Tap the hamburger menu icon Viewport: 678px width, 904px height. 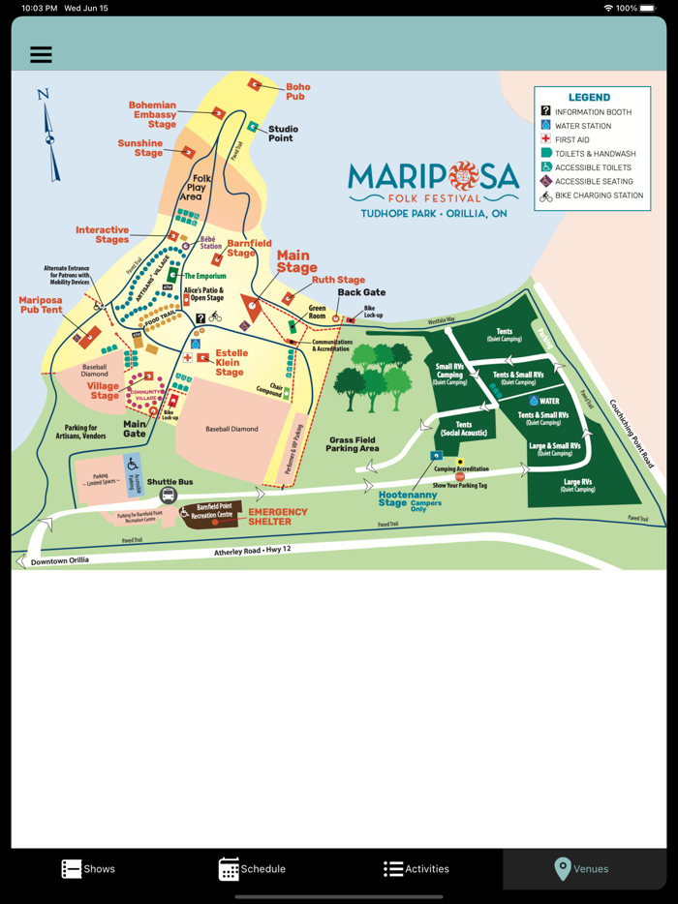pos(41,55)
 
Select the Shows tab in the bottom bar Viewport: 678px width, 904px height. pos(88,868)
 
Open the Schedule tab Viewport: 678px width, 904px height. pos(252,868)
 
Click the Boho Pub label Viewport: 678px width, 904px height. pos(296,92)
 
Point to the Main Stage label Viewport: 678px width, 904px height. pos(296,261)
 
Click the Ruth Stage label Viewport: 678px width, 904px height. pos(338,281)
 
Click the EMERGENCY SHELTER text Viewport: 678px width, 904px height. pos(278,516)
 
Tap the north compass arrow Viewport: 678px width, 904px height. pos(48,136)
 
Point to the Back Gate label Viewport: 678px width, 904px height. pos(361,292)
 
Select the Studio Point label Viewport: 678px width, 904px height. pos(283,134)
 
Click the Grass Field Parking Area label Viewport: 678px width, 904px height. pos(352,444)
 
